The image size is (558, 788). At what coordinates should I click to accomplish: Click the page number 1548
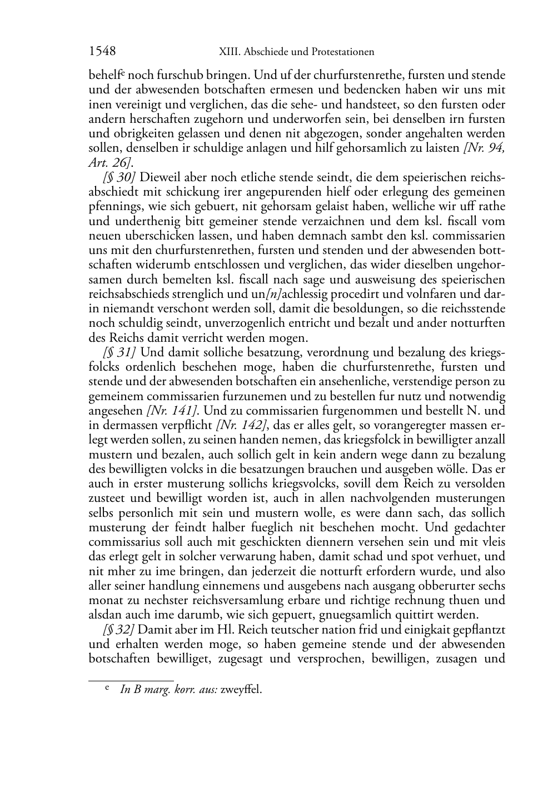(x=102, y=52)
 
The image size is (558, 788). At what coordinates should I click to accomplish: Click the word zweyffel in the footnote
(x=241, y=690)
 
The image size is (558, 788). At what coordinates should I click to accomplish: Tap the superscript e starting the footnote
(x=107, y=688)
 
